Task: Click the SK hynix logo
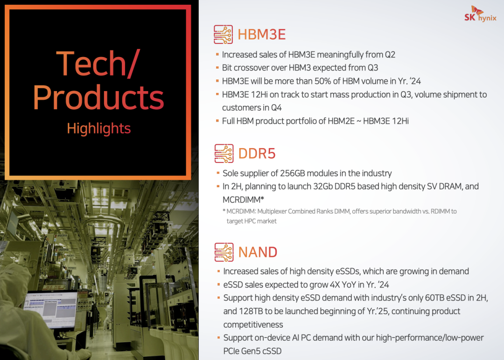click(x=480, y=14)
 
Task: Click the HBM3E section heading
click(x=262, y=35)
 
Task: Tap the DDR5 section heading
click(x=257, y=154)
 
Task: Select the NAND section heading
click(x=258, y=252)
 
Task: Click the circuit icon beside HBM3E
click(x=224, y=35)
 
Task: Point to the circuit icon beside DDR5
click(x=224, y=154)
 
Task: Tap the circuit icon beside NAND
click(x=224, y=252)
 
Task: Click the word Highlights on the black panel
click(x=98, y=128)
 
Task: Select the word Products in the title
click(x=98, y=97)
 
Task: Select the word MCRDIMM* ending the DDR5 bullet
click(x=243, y=200)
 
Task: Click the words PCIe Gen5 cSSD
click(x=252, y=351)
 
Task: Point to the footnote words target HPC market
click(x=252, y=221)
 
